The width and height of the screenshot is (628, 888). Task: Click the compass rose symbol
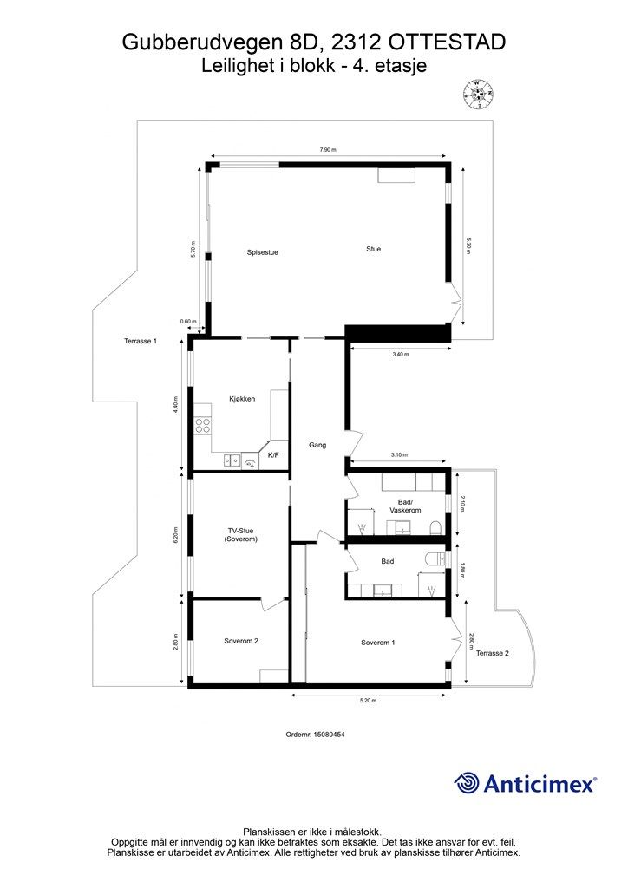pyautogui.click(x=479, y=94)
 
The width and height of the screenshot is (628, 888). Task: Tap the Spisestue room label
pyautogui.click(x=262, y=252)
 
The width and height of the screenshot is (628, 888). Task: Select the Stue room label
pyautogui.click(x=373, y=249)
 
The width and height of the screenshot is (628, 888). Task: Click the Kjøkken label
pyautogui.click(x=242, y=399)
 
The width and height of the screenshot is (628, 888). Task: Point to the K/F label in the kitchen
pyautogui.click(x=273, y=454)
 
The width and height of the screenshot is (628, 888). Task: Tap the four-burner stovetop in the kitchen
pyautogui.click(x=203, y=426)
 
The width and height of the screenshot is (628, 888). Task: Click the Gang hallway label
pyautogui.click(x=317, y=445)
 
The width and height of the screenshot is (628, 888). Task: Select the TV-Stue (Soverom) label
pyautogui.click(x=240, y=534)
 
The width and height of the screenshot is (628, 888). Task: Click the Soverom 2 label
pyautogui.click(x=241, y=641)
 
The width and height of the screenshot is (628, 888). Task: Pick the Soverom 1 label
pyautogui.click(x=377, y=643)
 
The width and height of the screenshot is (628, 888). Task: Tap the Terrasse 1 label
pyautogui.click(x=141, y=341)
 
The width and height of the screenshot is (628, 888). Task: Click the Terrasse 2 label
pyautogui.click(x=492, y=653)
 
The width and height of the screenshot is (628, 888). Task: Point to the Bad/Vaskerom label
pyautogui.click(x=405, y=506)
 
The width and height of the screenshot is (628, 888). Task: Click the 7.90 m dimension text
pyautogui.click(x=328, y=149)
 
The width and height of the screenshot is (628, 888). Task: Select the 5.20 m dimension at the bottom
pyautogui.click(x=368, y=701)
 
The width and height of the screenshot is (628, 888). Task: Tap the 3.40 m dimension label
pyautogui.click(x=400, y=355)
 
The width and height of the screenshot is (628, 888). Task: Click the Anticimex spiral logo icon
pyautogui.click(x=467, y=783)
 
